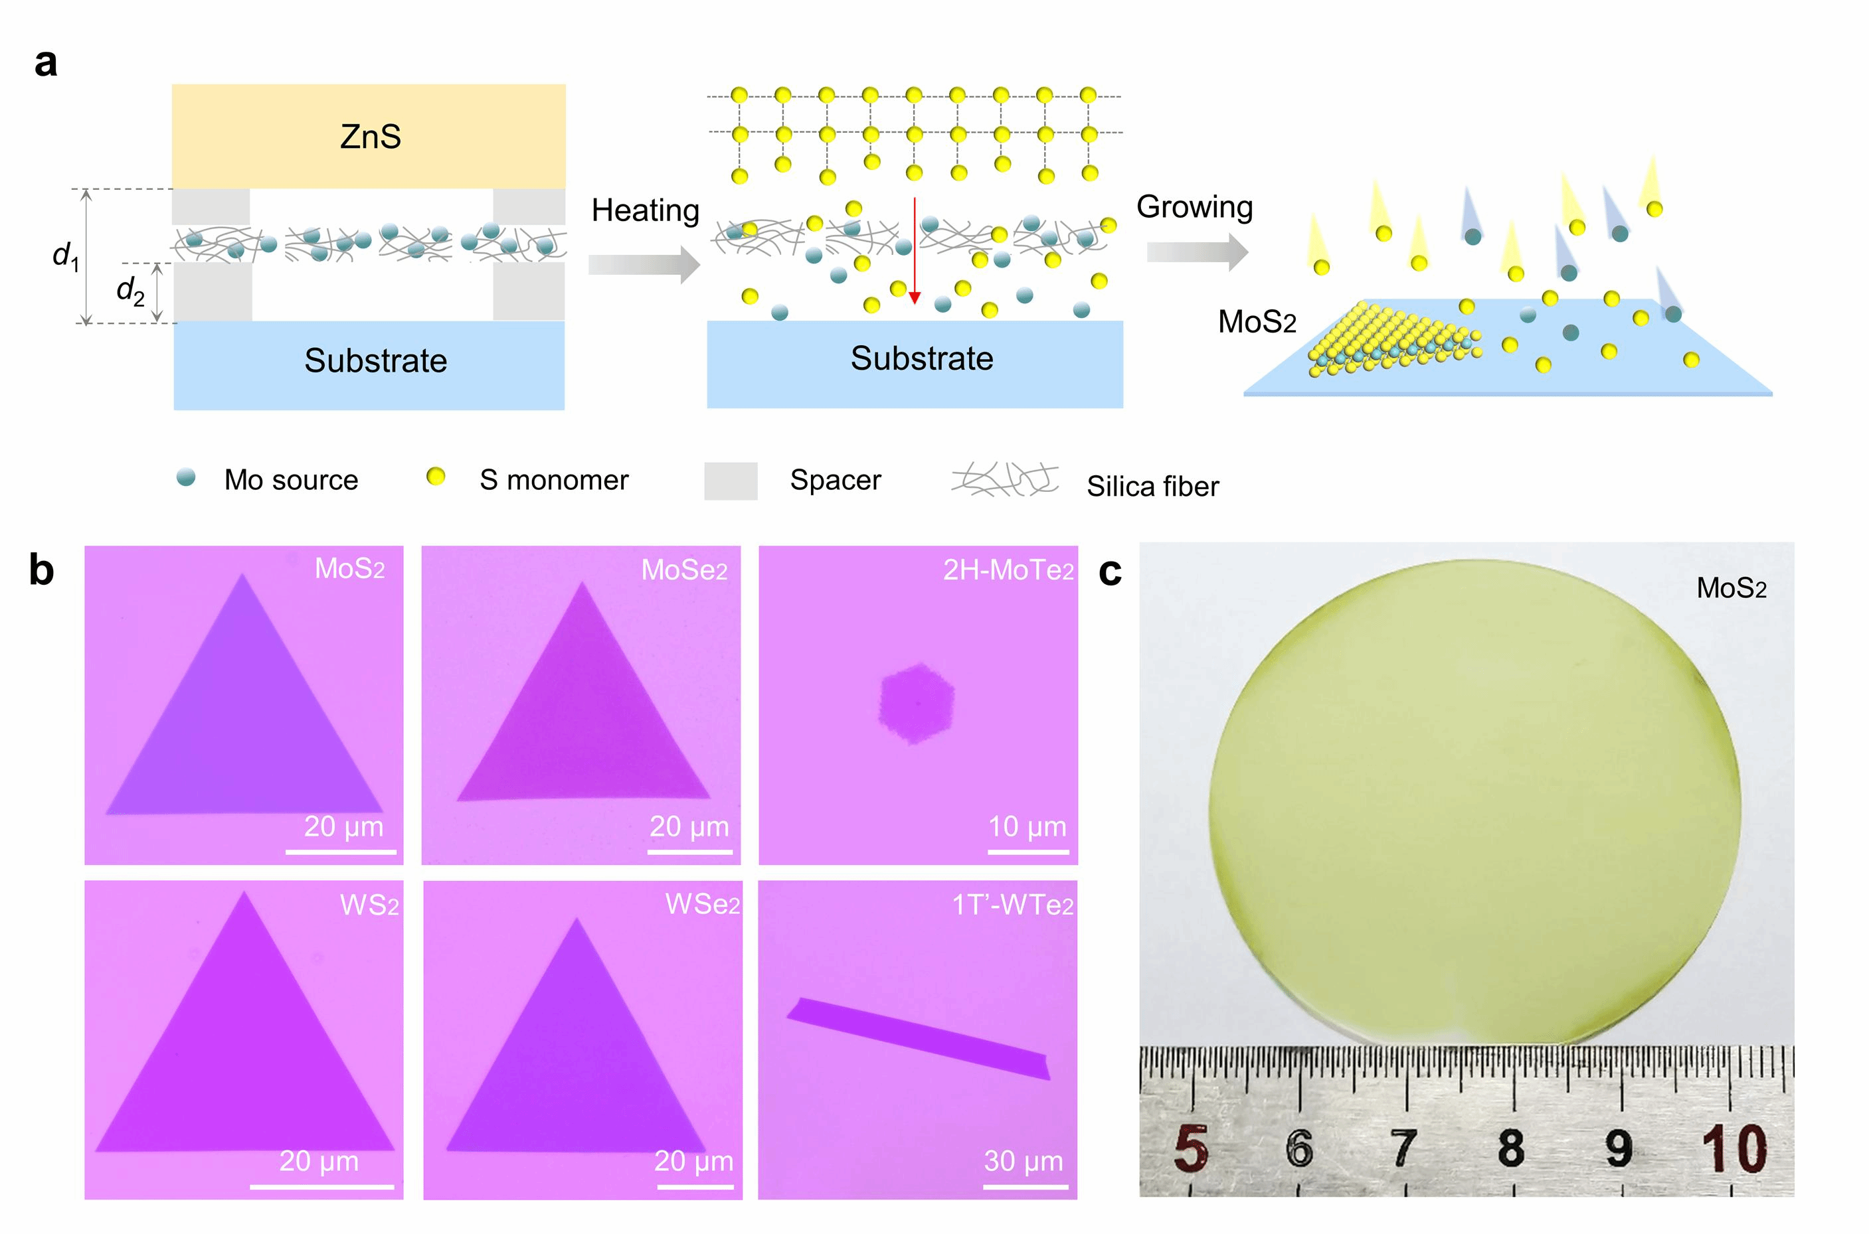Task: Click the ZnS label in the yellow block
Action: [x=370, y=137]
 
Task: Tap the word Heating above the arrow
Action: [x=645, y=211]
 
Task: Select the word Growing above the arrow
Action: [x=1194, y=207]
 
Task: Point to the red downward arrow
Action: [x=914, y=252]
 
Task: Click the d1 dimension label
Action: [x=65, y=255]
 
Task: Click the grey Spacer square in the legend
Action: [x=730, y=481]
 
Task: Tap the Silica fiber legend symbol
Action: [x=1004, y=479]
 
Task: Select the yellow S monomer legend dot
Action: [x=435, y=477]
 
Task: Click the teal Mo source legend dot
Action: [x=186, y=477]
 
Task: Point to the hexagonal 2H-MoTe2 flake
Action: [x=916, y=703]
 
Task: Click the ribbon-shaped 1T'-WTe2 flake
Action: [x=918, y=1038]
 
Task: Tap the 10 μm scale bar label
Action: [x=1027, y=826]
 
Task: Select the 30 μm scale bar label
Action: [x=1023, y=1161]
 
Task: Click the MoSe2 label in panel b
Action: [x=683, y=570]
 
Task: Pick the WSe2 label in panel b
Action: [x=702, y=904]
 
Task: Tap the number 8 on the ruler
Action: [x=1510, y=1148]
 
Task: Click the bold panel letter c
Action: [x=1109, y=572]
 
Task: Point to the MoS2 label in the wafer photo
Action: [x=1730, y=588]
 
